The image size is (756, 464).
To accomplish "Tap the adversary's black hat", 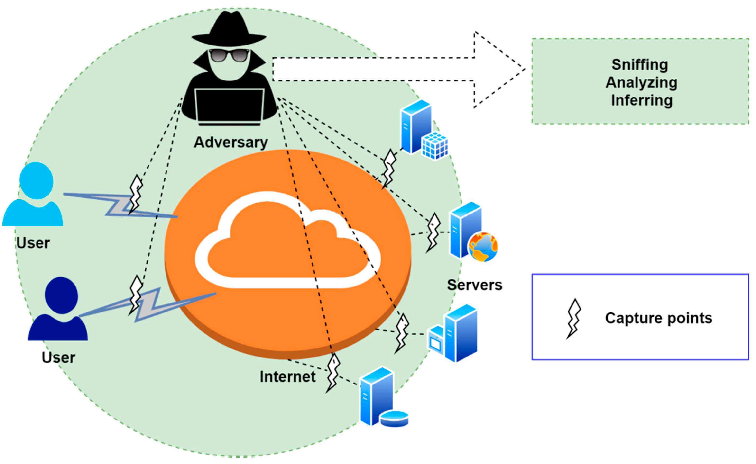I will [x=229, y=29].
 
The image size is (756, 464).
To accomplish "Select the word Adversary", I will [x=230, y=143].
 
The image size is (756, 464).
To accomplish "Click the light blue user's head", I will [x=37, y=181].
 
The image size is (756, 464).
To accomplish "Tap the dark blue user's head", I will [x=61, y=295].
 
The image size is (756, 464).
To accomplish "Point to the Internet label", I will [x=287, y=376].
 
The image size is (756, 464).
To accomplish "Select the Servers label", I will [x=474, y=285].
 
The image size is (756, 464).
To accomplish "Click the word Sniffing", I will [x=640, y=65].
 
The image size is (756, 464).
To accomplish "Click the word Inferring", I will [x=641, y=100].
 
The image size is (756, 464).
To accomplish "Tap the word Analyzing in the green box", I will [x=641, y=82].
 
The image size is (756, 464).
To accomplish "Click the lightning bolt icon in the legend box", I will [x=574, y=318].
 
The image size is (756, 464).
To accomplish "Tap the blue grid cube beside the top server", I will [x=434, y=146].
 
